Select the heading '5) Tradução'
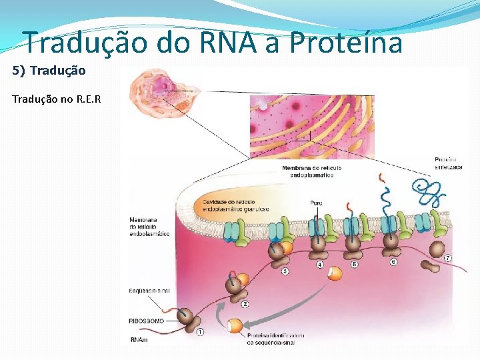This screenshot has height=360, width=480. (49, 70)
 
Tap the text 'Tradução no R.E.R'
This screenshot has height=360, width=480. (57, 99)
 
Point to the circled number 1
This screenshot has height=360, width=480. (200, 331)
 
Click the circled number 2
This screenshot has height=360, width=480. (245, 305)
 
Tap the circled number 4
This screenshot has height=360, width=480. (320, 265)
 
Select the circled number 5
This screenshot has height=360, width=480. (355, 265)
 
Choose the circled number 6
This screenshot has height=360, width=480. (393, 262)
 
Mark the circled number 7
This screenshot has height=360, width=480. (447, 258)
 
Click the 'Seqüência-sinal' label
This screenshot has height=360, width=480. (150, 291)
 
